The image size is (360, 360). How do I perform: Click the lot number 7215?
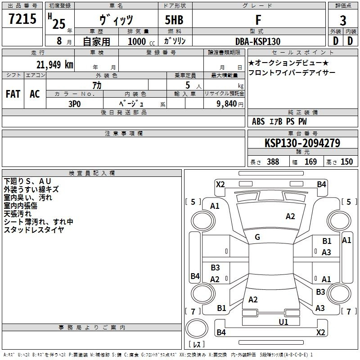(22, 19)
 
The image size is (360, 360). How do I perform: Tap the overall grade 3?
(343, 21)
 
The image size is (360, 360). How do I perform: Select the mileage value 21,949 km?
(55, 65)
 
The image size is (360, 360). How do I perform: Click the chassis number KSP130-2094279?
(302, 143)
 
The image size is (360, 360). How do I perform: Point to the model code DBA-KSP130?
(258, 41)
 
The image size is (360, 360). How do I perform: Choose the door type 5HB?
(174, 20)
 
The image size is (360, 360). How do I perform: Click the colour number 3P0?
(74, 104)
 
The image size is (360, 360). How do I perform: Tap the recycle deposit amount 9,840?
(227, 104)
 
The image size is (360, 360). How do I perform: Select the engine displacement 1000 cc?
(141, 41)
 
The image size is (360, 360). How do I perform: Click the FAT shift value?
(13, 94)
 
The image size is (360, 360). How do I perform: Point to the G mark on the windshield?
(257, 237)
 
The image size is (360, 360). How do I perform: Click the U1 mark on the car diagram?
(283, 322)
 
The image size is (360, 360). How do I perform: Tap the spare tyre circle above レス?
(197, 328)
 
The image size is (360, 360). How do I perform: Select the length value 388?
(273, 162)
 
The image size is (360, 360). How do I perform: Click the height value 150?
(346, 162)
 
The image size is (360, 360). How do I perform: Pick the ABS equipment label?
(258, 121)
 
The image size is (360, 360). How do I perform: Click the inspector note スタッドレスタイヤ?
(34, 230)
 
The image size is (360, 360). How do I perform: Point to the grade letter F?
(258, 20)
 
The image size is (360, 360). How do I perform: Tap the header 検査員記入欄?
(92, 173)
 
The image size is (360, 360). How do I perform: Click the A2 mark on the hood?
(290, 216)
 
